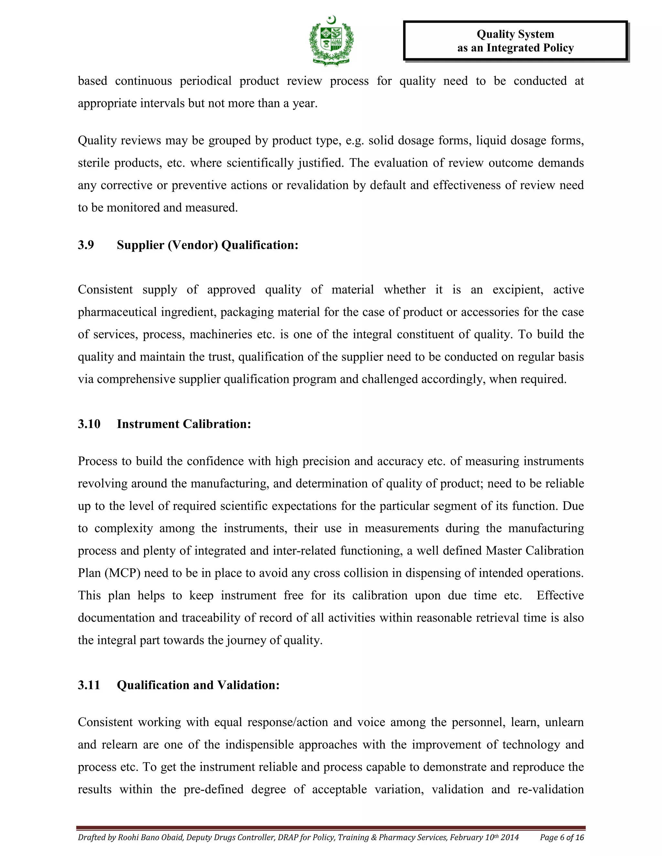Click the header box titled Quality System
click(515, 41)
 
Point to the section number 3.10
click(89, 424)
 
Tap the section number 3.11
click(89, 685)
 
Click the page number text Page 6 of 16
click(561, 838)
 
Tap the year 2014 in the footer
click(509, 838)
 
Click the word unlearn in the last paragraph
click(564, 722)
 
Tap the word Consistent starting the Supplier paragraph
click(105, 290)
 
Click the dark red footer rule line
click(331, 828)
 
